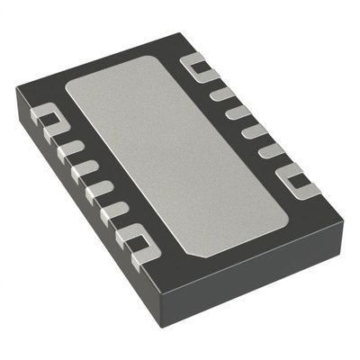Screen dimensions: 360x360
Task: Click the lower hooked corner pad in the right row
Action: (301, 184)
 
